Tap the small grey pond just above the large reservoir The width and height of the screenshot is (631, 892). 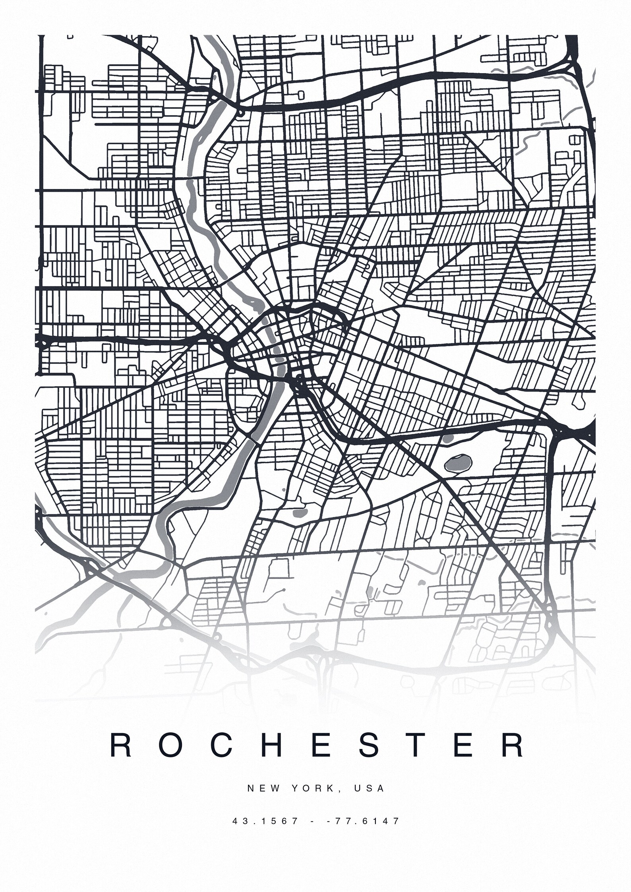(x=448, y=439)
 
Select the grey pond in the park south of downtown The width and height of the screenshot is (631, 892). (x=299, y=513)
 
